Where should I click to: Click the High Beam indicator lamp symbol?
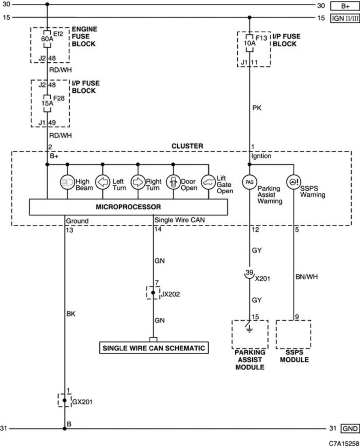(67, 182)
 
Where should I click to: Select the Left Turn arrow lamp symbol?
(102, 182)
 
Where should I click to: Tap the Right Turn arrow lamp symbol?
(138, 182)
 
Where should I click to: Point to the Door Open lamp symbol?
(173, 182)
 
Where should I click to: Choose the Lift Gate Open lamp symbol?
(208, 182)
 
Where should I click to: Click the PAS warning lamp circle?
(249, 182)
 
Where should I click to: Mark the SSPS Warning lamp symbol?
(294, 182)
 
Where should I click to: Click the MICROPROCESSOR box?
(128, 207)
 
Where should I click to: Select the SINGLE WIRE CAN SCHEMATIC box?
(154, 348)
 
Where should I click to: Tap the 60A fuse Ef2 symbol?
(47, 39)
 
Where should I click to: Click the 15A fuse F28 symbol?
(47, 103)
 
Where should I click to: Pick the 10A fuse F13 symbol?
(249, 43)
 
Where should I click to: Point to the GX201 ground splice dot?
(64, 400)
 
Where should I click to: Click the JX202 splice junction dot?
(153, 292)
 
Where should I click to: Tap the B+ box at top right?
(345, 6)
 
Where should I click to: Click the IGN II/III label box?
(345, 18)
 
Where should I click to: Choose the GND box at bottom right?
(350, 429)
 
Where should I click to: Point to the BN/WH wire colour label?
(307, 277)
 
